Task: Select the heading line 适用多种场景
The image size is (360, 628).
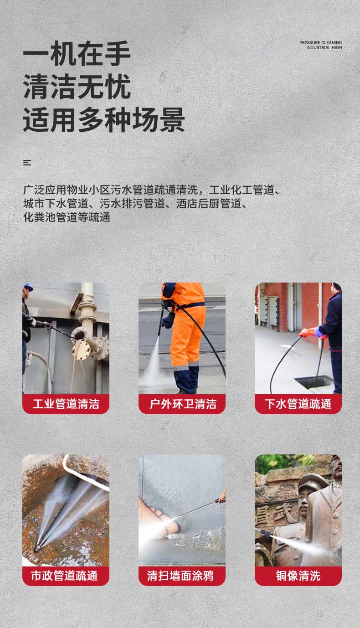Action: (104, 119)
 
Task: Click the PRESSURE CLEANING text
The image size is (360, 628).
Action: (320, 42)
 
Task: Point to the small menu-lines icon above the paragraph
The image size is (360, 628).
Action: (27, 162)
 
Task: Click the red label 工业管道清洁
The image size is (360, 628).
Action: (66, 404)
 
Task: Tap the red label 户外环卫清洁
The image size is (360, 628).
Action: (182, 404)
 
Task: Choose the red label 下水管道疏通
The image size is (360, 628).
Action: (298, 404)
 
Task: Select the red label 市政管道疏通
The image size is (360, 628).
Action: (66, 576)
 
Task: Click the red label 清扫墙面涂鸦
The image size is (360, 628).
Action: (182, 576)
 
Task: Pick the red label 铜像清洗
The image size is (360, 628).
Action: (298, 576)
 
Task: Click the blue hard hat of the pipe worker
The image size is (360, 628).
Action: (29, 287)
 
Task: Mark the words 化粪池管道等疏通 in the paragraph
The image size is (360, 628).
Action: (67, 217)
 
